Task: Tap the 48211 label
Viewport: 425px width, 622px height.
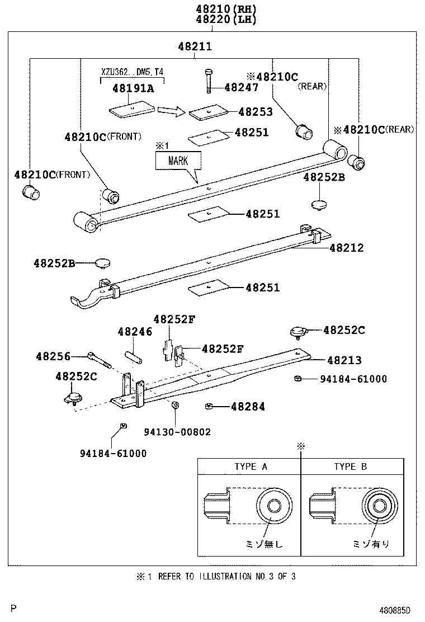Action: [x=195, y=47]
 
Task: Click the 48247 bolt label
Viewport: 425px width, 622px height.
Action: [x=241, y=87]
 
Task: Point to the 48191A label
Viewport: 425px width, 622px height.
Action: [x=133, y=88]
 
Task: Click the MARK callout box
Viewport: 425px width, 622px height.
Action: [x=178, y=161]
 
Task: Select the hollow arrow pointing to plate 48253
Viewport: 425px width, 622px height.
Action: [x=171, y=111]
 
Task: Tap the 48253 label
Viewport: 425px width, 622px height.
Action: [x=255, y=112]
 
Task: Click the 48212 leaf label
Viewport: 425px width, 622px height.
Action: [x=346, y=247]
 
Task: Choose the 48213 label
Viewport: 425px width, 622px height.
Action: [x=344, y=360]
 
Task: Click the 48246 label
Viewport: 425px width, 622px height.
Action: [x=135, y=332]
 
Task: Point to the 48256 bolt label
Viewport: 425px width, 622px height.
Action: [x=53, y=356]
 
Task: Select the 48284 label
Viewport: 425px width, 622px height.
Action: [x=248, y=407]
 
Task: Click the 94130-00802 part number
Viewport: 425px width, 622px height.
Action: [x=177, y=432]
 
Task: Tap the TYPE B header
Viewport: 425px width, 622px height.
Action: [x=351, y=466]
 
